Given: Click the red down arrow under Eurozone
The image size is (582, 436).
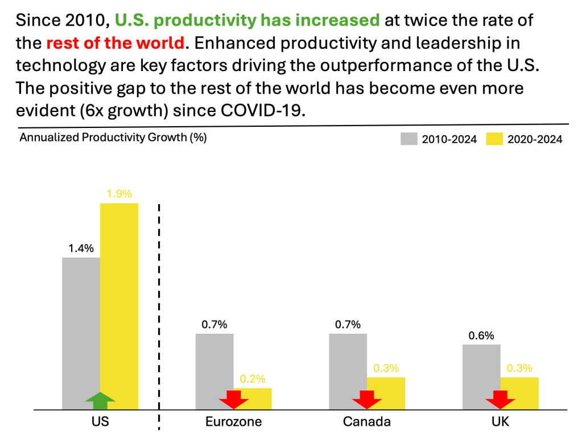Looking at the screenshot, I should pos(234,399).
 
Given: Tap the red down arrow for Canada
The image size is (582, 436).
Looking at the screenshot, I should pos(367,399).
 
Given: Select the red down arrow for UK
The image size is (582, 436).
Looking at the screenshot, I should pos(501,399).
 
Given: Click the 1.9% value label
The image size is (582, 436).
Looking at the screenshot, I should pos(119,193).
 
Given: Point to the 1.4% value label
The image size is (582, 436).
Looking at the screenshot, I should pos(81,248).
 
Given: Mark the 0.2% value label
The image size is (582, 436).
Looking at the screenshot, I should pos(253,379).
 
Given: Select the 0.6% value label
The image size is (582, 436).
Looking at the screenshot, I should pos(481,335).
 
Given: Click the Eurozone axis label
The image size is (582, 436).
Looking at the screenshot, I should pos(234,422).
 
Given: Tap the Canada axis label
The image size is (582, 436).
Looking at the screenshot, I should pos(367,422).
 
